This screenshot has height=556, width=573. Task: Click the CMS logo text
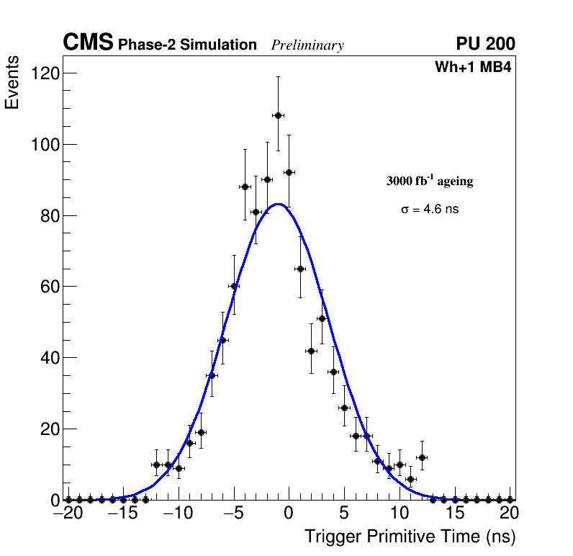[x=88, y=43]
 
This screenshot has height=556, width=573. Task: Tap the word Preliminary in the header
[x=307, y=45]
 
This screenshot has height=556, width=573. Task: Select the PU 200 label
[x=485, y=44]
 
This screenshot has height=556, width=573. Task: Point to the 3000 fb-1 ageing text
[x=430, y=181]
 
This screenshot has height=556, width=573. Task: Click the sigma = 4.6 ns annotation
[x=430, y=210]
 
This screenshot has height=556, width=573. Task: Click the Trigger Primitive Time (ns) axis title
[x=410, y=537]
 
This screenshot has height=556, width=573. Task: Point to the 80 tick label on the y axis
[x=49, y=215]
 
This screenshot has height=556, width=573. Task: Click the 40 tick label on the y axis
[x=49, y=358]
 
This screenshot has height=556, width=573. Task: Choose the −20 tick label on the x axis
[x=68, y=514]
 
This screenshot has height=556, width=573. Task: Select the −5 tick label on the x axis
[x=233, y=514]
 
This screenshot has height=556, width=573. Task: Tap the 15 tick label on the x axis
[x=454, y=514]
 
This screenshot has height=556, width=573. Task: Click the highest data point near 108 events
[x=278, y=115]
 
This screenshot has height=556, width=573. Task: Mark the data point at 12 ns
[x=422, y=457]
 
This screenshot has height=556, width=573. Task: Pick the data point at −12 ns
[x=156, y=465]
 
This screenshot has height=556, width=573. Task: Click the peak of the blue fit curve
[x=278, y=204]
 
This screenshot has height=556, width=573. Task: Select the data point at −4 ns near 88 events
[x=245, y=187]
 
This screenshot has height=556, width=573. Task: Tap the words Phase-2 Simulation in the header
[x=187, y=45]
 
